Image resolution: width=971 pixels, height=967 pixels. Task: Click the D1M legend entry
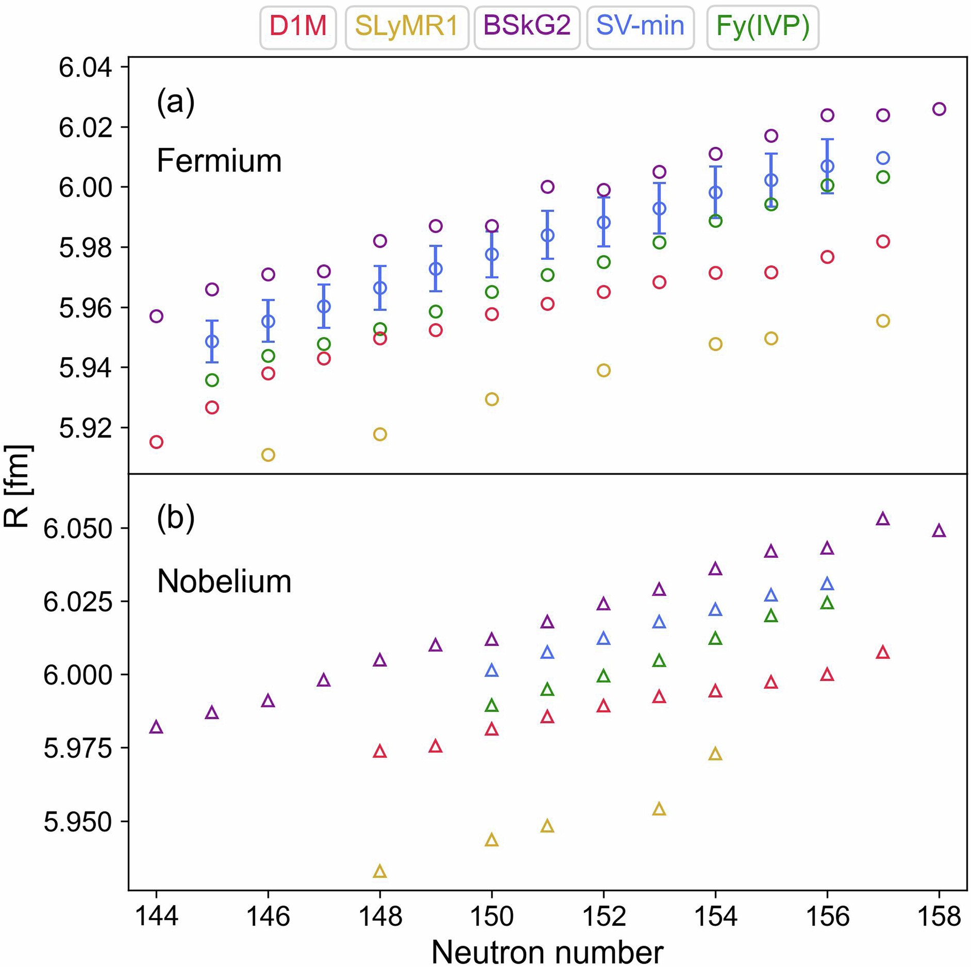tap(298, 27)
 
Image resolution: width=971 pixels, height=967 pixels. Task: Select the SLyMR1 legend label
tap(407, 27)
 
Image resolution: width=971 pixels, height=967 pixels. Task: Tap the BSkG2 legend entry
tap(527, 27)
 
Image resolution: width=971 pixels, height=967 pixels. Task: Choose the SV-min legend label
tap(640, 27)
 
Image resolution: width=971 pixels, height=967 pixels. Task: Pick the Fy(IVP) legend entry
tap(763, 27)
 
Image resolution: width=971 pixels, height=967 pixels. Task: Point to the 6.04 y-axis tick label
tap(86, 68)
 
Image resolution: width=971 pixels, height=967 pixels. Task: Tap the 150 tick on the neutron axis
tap(492, 916)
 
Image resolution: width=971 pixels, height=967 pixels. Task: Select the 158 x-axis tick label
tap(939, 916)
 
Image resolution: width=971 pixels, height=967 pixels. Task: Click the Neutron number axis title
tap(547, 952)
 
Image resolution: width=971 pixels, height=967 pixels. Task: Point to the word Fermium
tap(219, 161)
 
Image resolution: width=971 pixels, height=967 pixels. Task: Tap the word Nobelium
tap(224, 581)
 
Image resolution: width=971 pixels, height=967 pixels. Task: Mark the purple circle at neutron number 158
tap(939, 109)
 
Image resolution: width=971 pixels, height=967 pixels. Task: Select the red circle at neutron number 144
tap(156, 442)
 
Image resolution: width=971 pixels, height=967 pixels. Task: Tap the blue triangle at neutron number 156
tap(827, 584)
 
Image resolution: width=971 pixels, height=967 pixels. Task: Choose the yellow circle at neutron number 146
tap(268, 455)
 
